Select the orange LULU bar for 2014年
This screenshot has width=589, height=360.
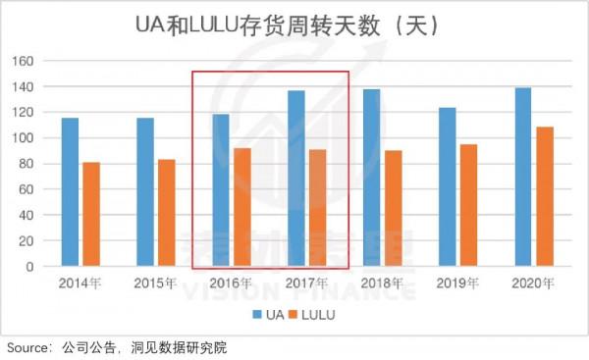(x=90, y=214)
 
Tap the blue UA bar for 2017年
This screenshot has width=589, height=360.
(x=295, y=179)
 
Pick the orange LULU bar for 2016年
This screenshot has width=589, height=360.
(x=241, y=207)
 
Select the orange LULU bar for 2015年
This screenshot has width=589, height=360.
(x=166, y=213)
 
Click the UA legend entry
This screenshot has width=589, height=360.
(x=268, y=314)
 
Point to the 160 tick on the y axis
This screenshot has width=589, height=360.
(x=24, y=61)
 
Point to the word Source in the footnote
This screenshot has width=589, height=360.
(x=29, y=347)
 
